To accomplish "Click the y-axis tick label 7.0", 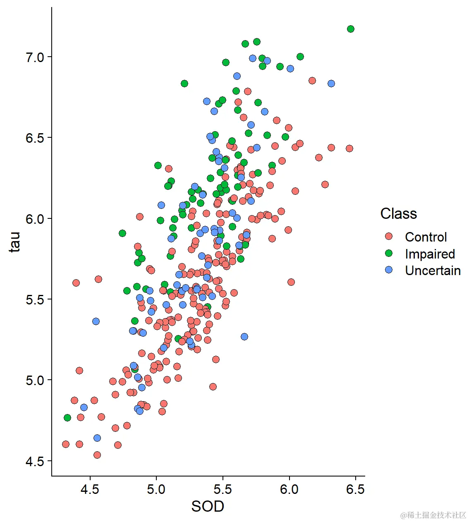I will point(35,57).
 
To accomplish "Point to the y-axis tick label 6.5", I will point(35,138).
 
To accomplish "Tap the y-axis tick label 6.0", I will point(35,218).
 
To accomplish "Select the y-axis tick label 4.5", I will point(35,461).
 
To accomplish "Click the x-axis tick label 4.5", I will point(90,490).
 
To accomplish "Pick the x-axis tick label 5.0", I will point(156,490).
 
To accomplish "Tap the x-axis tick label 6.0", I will point(289,490).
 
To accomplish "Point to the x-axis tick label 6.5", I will point(355,490).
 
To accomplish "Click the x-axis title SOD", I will point(208,506).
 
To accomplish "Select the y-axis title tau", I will point(15,242).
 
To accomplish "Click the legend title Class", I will point(399,213).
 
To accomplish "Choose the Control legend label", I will point(426,237).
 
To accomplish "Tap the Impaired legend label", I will point(430,254).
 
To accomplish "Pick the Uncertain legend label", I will point(433,271).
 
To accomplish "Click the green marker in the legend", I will point(389,253).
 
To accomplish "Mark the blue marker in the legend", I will point(389,270).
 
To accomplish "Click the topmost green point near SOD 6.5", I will point(351,29).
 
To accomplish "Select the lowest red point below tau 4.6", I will point(97,455).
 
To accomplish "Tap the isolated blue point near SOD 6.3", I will point(331,84).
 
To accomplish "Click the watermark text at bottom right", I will point(433,515).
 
